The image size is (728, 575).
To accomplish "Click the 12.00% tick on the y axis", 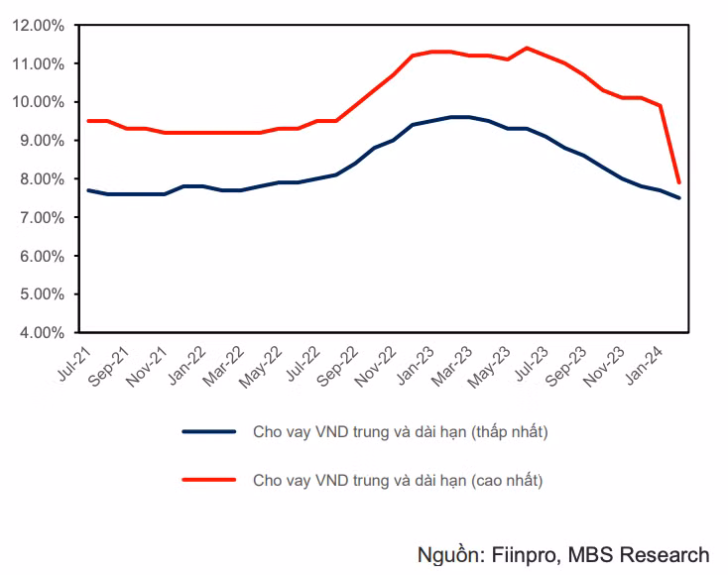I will (40, 26).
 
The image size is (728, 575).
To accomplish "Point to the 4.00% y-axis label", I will (43, 332).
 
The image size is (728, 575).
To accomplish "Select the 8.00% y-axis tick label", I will (43, 179).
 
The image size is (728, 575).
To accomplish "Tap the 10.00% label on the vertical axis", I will (40, 102).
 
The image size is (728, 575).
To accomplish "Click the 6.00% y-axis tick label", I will (43, 256).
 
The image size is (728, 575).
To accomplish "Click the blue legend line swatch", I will (209, 431).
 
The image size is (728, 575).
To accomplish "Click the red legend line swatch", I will (209, 480).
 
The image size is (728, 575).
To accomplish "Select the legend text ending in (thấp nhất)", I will (401, 431).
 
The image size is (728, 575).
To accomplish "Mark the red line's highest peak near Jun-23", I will (527, 48).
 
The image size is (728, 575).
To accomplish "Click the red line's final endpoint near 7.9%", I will (678, 182).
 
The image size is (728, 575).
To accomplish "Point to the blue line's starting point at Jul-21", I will (88, 190).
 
